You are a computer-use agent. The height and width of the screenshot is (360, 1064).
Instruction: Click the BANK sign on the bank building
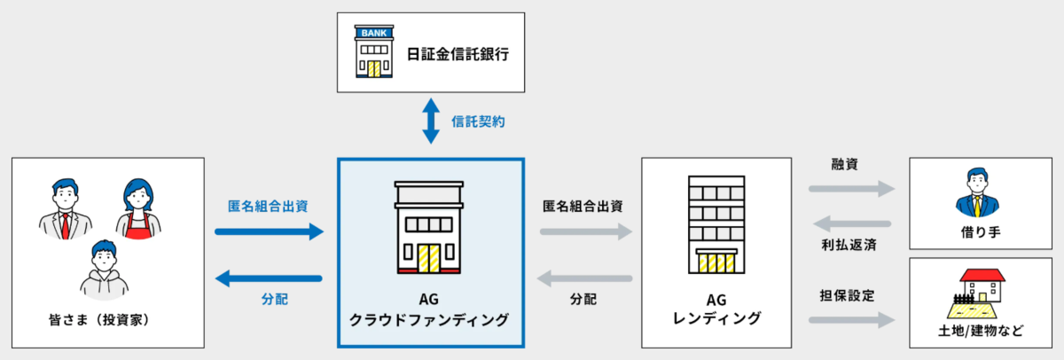point(374,33)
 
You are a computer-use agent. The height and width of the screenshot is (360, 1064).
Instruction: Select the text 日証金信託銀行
point(458,54)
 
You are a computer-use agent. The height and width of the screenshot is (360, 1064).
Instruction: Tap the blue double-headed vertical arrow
point(431,121)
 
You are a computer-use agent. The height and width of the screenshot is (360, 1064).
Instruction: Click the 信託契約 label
point(478,121)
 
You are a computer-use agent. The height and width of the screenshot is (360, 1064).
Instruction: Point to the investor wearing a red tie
point(66,209)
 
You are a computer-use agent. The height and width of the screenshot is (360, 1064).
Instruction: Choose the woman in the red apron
point(138,209)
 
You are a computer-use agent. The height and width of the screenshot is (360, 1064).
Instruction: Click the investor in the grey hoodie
point(104,270)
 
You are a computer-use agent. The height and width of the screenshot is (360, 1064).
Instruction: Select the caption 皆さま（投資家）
point(99,320)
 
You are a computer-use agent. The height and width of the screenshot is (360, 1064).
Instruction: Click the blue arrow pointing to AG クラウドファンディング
point(270,231)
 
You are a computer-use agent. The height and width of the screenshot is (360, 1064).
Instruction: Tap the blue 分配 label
point(275,299)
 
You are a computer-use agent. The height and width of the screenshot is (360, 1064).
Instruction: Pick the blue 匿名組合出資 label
point(268,206)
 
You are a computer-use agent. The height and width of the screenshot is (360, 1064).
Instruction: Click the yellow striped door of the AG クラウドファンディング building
point(429,258)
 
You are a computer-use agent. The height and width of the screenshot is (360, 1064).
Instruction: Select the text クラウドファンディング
point(429,320)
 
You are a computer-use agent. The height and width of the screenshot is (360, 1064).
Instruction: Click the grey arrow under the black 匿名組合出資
point(586,231)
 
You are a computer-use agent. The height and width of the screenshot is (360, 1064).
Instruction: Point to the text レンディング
point(716,318)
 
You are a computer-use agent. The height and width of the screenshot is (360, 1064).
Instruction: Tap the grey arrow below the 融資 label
point(852,189)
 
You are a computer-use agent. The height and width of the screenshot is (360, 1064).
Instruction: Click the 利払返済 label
point(849,245)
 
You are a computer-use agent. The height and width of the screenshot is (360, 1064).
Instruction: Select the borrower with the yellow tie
point(977,192)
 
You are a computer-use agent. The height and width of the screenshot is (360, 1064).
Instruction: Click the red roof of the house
point(982,276)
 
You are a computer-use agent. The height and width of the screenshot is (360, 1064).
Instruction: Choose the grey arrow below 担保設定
point(852,319)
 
